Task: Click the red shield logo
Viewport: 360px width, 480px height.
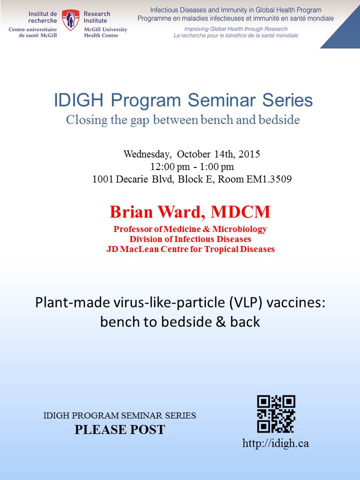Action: [x=70, y=20]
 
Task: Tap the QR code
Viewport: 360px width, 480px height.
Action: [x=276, y=414]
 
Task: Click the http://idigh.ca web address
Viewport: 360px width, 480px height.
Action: [x=275, y=443]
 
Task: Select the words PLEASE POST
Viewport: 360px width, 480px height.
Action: [x=120, y=429]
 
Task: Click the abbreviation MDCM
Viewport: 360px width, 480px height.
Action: [x=240, y=212]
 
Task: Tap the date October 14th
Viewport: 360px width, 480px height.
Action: [x=206, y=153]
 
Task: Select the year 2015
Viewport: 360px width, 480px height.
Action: [x=249, y=153]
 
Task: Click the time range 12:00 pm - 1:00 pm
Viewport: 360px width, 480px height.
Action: [x=192, y=167]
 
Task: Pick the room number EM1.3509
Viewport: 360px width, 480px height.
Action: [x=269, y=179]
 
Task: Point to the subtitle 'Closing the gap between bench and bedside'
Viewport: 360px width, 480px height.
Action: [x=183, y=119]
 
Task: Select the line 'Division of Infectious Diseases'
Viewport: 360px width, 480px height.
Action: [x=190, y=239]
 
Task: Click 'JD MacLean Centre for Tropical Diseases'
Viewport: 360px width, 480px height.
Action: [x=190, y=249]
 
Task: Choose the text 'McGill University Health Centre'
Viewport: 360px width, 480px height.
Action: [x=105, y=32]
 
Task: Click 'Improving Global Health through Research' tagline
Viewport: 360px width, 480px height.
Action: [x=235, y=29]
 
